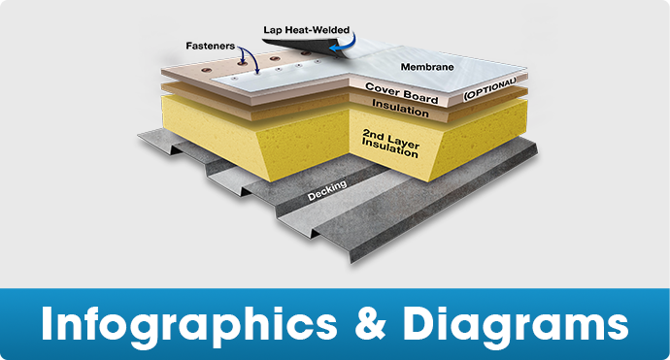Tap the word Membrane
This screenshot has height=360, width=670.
pos(426,66)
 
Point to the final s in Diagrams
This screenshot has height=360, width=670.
pos(618,324)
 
